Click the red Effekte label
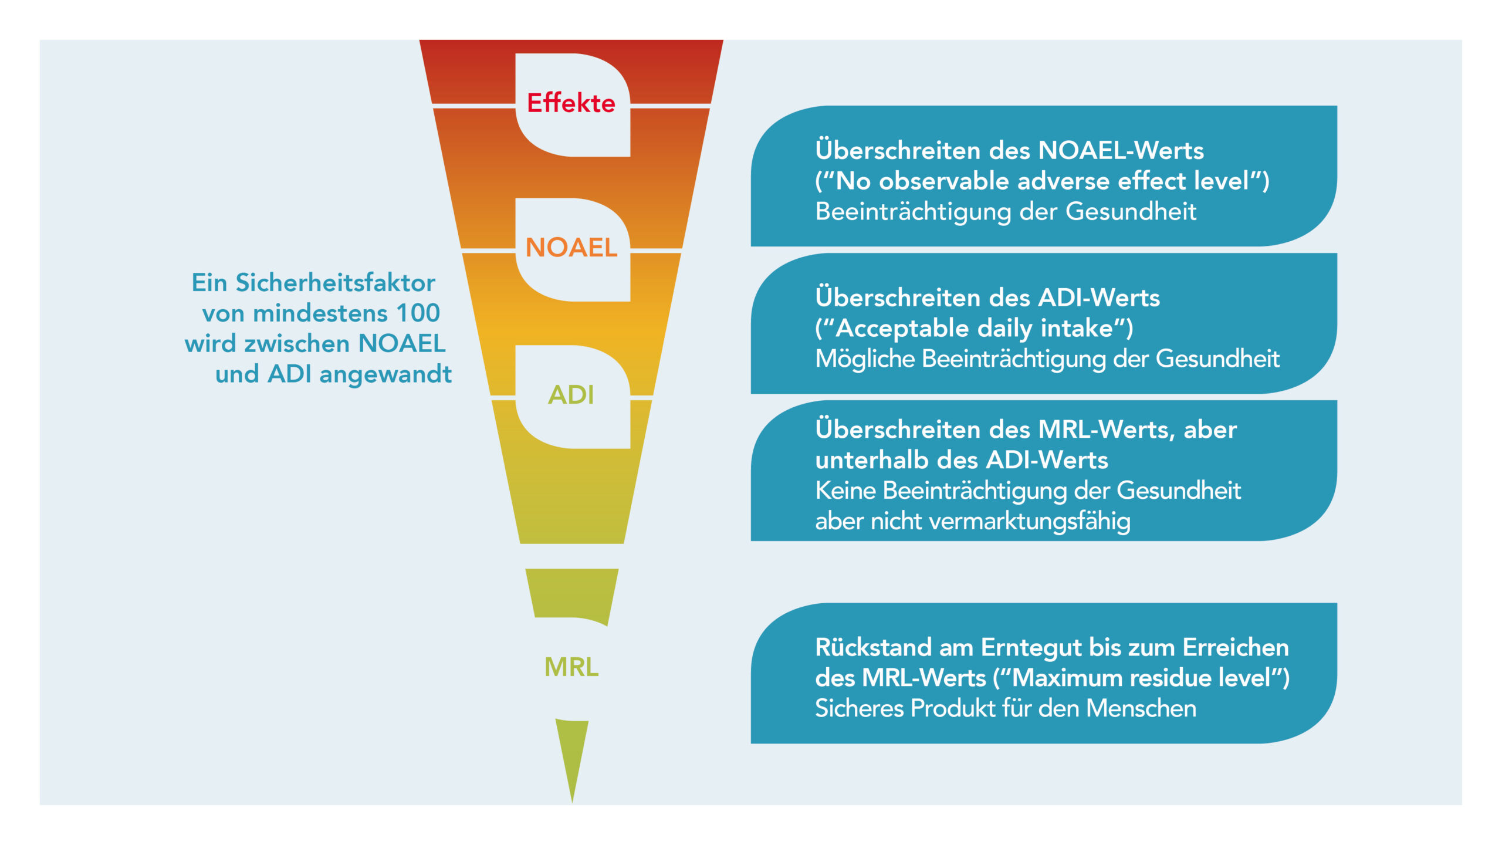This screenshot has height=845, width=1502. click(x=571, y=103)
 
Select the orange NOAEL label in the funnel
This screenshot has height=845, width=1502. click(x=571, y=247)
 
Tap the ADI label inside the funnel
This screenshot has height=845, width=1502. click(x=571, y=394)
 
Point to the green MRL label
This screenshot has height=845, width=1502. click(x=571, y=667)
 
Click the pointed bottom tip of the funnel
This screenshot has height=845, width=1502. click(x=572, y=802)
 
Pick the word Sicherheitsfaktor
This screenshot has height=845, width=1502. click(x=336, y=283)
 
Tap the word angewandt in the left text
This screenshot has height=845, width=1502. click(x=385, y=374)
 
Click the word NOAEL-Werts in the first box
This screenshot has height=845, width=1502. click(x=1121, y=150)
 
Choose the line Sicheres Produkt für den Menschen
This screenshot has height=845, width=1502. click(x=1006, y=708)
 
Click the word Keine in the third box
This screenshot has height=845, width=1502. click(x=845, y=491)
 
